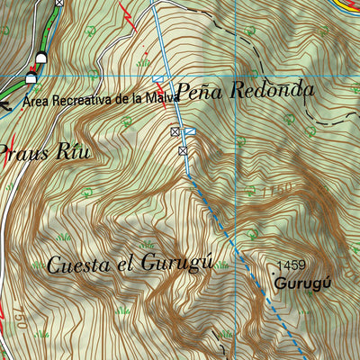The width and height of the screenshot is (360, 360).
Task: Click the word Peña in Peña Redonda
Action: click(197, 91)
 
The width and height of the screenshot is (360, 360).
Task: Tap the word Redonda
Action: click(272, 91)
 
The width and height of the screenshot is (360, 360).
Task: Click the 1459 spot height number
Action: click(292, 265)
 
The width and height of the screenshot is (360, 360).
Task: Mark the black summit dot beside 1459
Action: click(273, 269)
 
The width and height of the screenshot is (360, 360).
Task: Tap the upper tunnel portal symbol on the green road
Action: click(40, 59)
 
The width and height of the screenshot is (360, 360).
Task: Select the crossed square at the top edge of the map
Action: click(59, 3)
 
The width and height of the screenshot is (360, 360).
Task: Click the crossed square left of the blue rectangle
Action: click(175, 132)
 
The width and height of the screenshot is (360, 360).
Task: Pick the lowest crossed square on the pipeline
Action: click(184, 150)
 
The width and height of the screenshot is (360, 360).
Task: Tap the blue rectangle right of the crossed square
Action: click(190, 132)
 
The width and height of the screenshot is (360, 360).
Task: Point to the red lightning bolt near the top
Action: click(130, 17)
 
